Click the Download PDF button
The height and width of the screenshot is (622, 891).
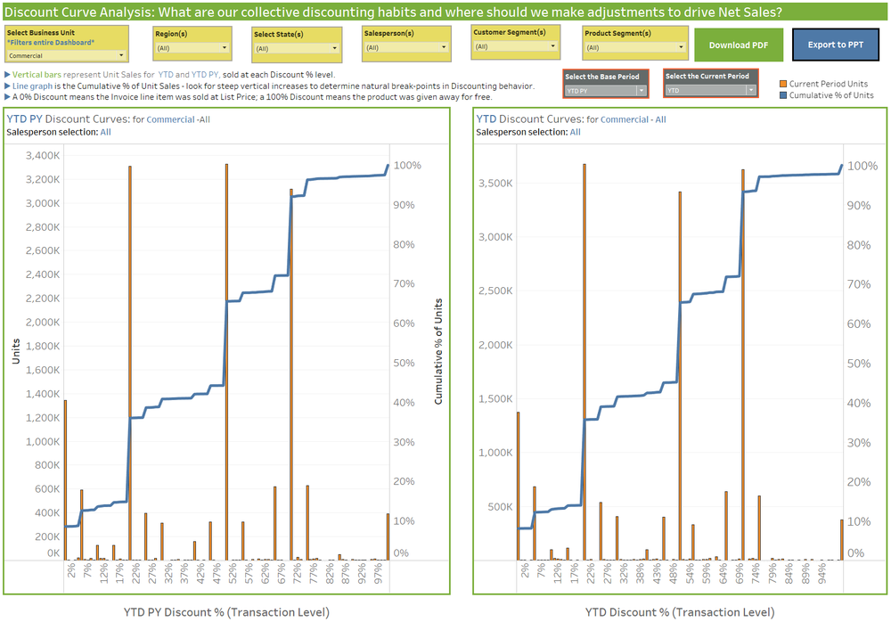coord(739,45)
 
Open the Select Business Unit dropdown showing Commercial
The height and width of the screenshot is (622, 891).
coord(66,55)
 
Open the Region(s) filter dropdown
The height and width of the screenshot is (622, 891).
coord(192,48)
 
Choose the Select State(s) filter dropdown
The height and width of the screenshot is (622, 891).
coord(296,48)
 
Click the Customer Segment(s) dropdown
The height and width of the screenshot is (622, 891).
coord(516,46)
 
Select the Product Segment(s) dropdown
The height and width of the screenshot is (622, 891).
coord(634,48)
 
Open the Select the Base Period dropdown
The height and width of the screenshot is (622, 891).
coord(606,91)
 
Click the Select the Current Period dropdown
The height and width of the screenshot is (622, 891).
coord(710,91)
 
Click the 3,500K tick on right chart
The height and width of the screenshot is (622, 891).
coord(495,183)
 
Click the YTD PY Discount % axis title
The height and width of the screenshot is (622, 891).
coord(226,611)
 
